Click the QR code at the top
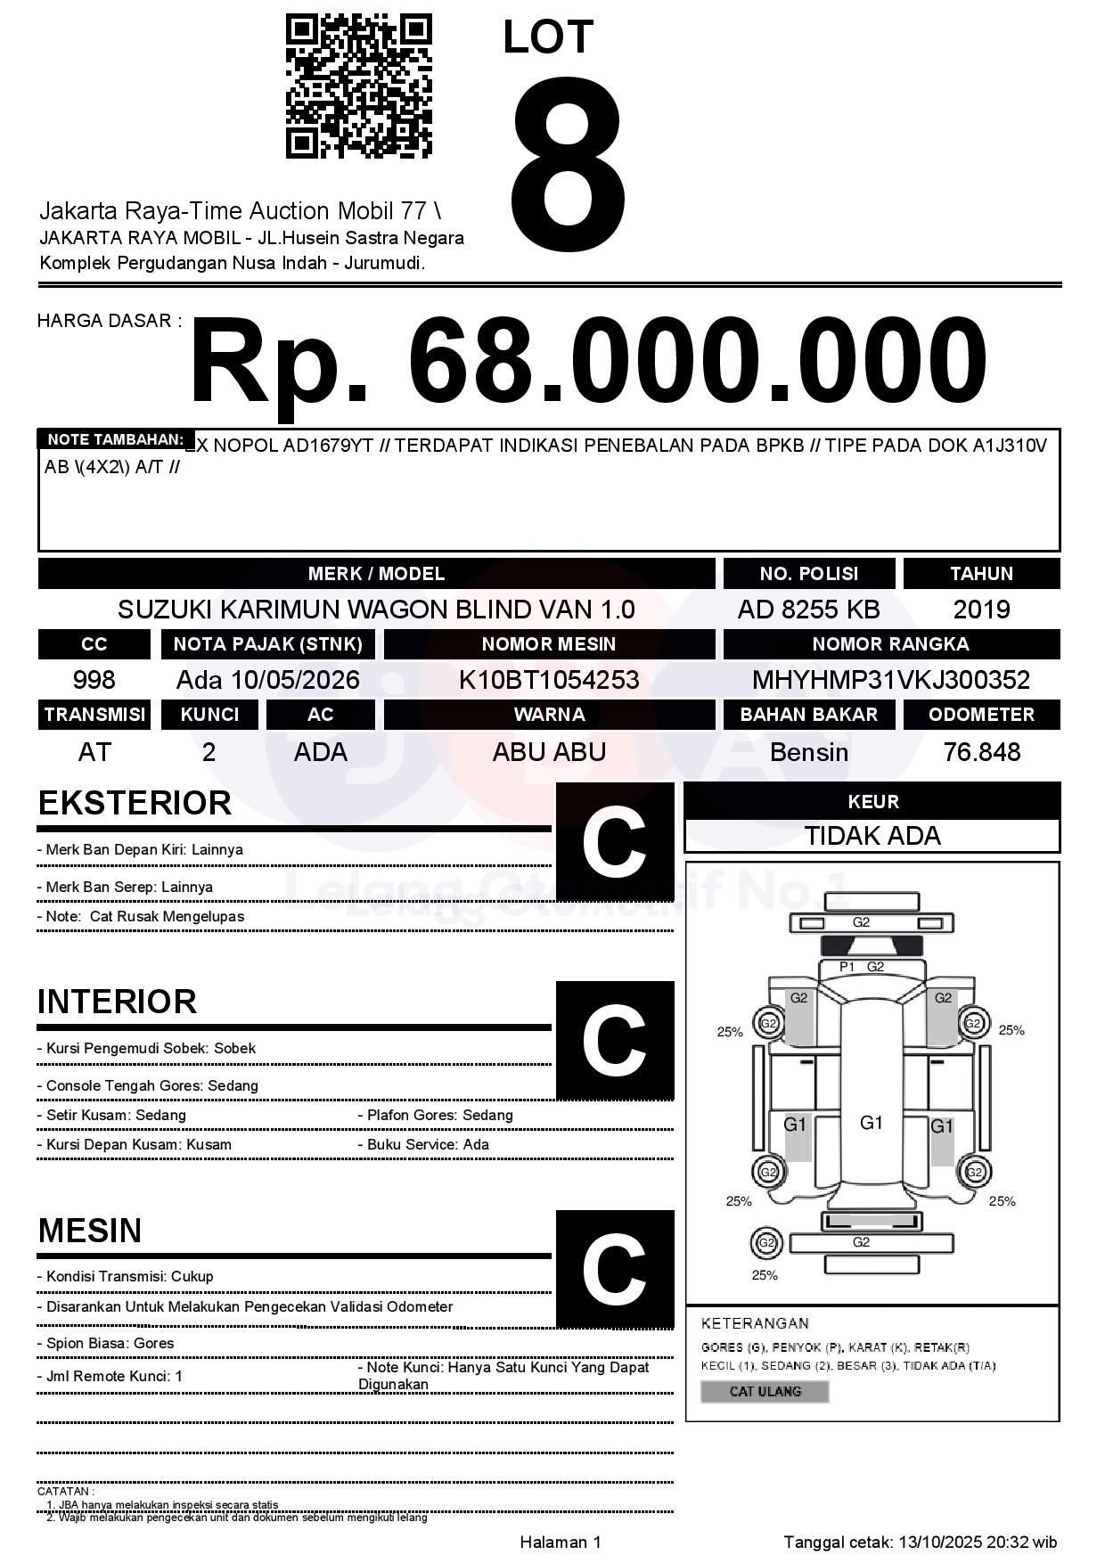pyautogui.click(x=358, y=86)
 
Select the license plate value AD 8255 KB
pyautogui.click(x=808, y=610)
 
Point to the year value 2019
pyautogui.click(x=981, y=610)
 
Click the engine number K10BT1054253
pyautogui.click(x=549, y=680)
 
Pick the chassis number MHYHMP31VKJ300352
pyautogui.click(x=890, y=680)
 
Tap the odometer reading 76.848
pyautogui.click(x=981, y=752)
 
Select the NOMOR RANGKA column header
pyautogui.click(x=890, y=644)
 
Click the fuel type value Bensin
pyautogui.click(x=808, y=752)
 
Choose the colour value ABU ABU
pyautogui.click(x=549, y=752)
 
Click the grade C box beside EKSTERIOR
pyautogui.click(x=614, y=841)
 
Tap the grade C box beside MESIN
pyautogui.click(x=614, y=1268)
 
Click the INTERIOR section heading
pyautogui.click(x=117, y=1002)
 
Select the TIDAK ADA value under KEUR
pyautogui.click(x=872, y=836)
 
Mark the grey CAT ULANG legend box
pyautogui.click(x=765, y=1391)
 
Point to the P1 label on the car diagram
pyautogui.click(x=847, y=967)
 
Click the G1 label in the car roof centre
pyautogui.click(x=871, y=1123)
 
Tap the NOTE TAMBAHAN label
pyautogui.click(x=115, y=439)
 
